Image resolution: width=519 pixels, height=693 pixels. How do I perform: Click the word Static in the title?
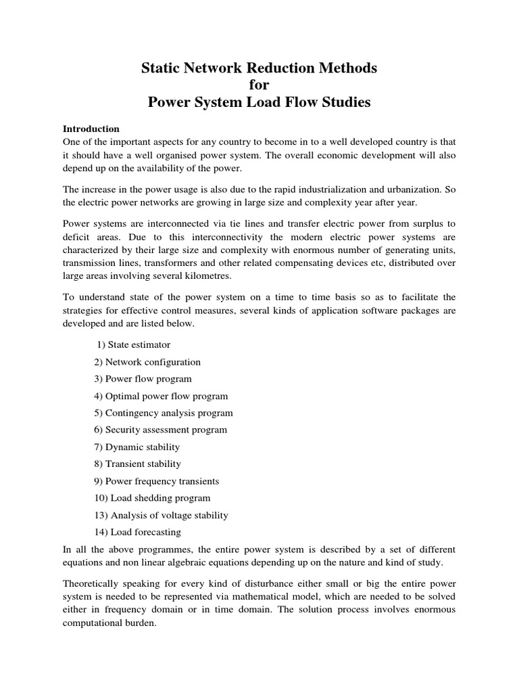click(159, 68)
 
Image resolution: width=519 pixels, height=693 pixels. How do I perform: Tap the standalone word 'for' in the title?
click(259, 86)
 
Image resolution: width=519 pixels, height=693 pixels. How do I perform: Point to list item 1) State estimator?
click(134, 345)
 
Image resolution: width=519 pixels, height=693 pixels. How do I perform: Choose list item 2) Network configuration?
click(147, 362)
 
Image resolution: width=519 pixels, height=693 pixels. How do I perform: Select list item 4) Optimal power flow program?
click(161, 396)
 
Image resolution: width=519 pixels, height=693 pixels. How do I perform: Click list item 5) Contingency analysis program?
click(164, 413)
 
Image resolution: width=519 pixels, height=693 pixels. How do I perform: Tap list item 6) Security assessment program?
click(161, 430)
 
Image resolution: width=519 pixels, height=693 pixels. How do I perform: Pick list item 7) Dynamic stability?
click(137, 447)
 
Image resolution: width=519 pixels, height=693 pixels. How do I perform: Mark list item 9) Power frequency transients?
click(157, 481)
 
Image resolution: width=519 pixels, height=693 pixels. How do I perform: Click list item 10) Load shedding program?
click(152, 498)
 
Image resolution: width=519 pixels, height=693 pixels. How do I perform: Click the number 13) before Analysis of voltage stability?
click(101, 516)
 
